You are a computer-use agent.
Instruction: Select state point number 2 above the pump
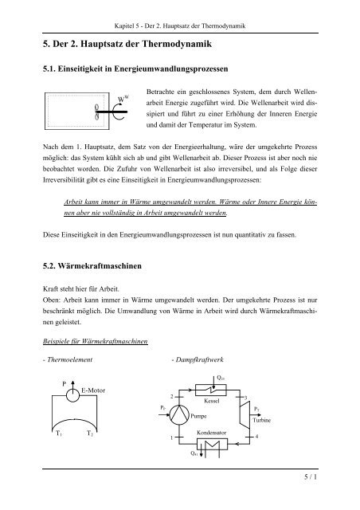170,396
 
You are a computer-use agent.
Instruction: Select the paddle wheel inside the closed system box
97,110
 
